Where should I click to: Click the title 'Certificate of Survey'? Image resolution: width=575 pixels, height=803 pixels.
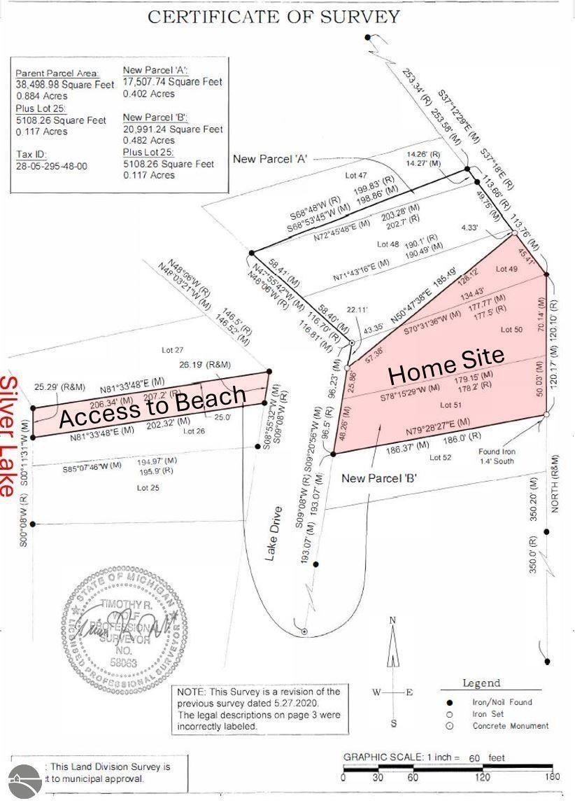tap(274, 18)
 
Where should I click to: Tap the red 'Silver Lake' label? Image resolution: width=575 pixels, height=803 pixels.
tap(9, 436)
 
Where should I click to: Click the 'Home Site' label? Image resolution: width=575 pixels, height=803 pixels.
tap(446, 365)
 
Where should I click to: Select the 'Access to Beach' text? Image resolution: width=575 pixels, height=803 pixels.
tap(152, 407)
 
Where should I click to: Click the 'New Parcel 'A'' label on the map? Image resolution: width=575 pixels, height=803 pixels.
tap(271, 159)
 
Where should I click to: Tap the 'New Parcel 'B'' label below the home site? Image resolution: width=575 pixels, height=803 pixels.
tap(379, 479)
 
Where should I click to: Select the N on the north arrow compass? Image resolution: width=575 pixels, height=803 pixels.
tap(393, 620)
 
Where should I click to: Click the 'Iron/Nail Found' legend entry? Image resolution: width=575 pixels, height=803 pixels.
tap(502, 701)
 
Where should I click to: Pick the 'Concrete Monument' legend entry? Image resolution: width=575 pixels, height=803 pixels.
tap(510, 726)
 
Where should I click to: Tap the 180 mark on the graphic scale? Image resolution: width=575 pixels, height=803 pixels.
tap(553, 777)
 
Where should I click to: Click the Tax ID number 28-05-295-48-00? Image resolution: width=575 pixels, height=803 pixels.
tap(51, 167)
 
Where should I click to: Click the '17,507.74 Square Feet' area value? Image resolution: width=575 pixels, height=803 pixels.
tap(173, 82)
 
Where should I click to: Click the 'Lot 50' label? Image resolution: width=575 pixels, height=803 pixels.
tap(511, 329)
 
